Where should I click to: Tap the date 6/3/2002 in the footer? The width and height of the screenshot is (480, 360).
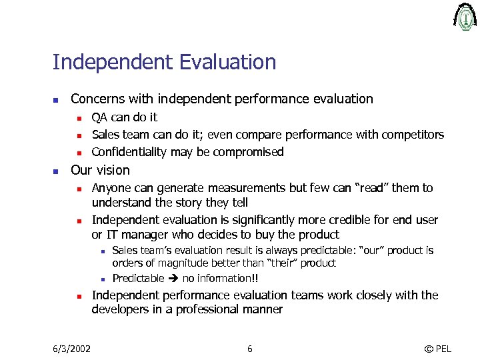coord(72,349)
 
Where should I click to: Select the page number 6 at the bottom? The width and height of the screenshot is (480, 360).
coord(249,349)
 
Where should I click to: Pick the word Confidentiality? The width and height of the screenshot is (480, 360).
coord(129,152)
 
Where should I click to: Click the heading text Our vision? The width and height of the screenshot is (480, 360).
coord(100,170)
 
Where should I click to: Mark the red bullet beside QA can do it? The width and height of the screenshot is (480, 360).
coord(78,118)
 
